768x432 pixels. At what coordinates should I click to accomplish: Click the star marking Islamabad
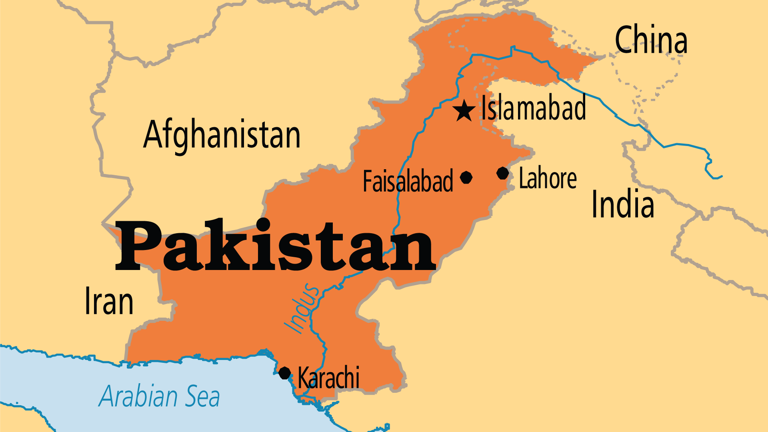tap(464, 110)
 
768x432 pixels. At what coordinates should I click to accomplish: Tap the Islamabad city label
tap(534, 108)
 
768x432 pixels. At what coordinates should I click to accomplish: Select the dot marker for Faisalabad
tap(466, 177)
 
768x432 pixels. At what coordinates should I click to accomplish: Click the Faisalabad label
tap(408, 182)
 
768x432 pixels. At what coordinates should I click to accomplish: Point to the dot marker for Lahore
tap(502, 173)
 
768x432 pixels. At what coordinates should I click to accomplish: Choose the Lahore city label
tap(548, 178)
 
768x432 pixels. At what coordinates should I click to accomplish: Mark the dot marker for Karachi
tap(284, 373)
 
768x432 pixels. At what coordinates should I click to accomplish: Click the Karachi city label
tap(329, 378)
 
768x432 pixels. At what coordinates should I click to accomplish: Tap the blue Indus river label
tap(302, 308)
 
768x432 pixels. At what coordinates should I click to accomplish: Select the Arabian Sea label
tap(159, 396)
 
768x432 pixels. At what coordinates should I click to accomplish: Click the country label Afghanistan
tap(222, 135)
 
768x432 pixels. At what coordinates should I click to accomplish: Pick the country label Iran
tap(109, 302)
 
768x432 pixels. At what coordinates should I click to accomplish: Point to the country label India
tap(622, 204)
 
